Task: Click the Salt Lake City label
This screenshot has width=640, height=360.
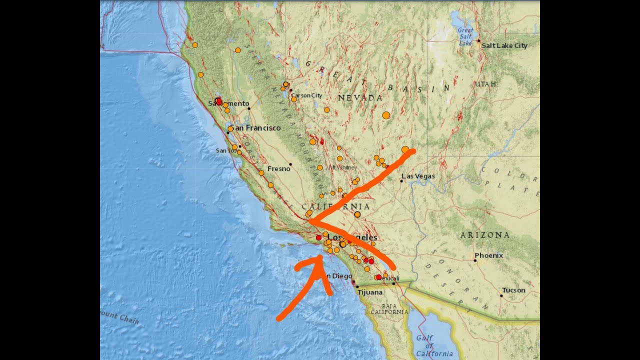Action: (x=504, y=45)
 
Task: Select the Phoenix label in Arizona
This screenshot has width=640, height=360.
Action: (x=488, y=255)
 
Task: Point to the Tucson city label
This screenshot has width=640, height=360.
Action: (x=514, y=290)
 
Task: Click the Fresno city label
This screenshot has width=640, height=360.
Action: (x=278, y=169)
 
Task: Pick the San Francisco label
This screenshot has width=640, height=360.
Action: (x=256, y=128)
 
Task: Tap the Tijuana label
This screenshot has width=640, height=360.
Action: (x=370, y=292)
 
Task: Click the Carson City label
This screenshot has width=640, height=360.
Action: (x=307, y=95)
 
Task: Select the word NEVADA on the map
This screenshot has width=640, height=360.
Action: (x=360, y=98)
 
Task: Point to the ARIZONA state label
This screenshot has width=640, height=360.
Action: (x=485, y=235)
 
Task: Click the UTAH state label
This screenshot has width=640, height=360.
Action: (x=486, y=84)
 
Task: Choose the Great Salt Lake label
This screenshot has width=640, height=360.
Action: (x=465, y=36)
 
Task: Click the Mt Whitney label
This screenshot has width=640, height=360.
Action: (x=342, y=167)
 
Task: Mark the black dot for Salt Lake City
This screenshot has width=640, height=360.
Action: (x=478, y=40)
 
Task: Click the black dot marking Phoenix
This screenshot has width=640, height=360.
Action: (x=475, y=260)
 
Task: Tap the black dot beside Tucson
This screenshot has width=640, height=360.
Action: (x=501, y=295)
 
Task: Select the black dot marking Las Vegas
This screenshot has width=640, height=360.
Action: (x=401, y=181)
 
